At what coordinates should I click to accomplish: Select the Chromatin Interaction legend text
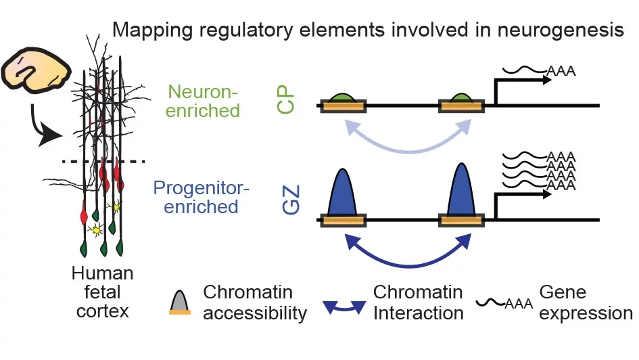pyautogui.click(x=418, y=302)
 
